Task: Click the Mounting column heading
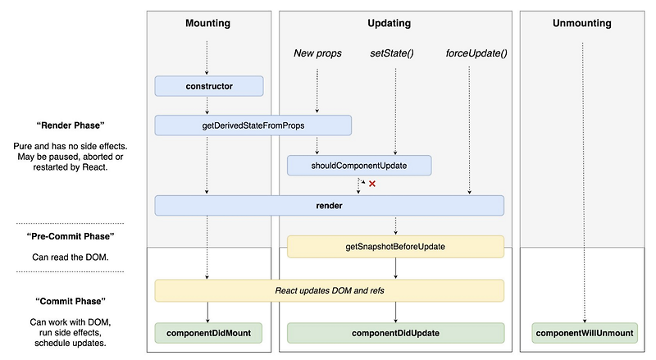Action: [207, 24]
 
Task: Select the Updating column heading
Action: [395, 24]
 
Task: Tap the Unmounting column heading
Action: [585, 24]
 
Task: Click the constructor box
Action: [209, 85]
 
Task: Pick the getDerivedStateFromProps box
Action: [253, 125]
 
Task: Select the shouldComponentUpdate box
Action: [358, 166]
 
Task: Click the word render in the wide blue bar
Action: [329, 205]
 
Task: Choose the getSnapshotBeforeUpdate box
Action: [395, 246]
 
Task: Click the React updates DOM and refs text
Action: [329, 290]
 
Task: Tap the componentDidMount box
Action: [209, 333]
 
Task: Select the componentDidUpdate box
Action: [395, 333]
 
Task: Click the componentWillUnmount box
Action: [585, 333]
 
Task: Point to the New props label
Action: [317, 54]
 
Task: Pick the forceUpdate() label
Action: [476, 54]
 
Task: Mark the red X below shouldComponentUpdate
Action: [372, 184]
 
